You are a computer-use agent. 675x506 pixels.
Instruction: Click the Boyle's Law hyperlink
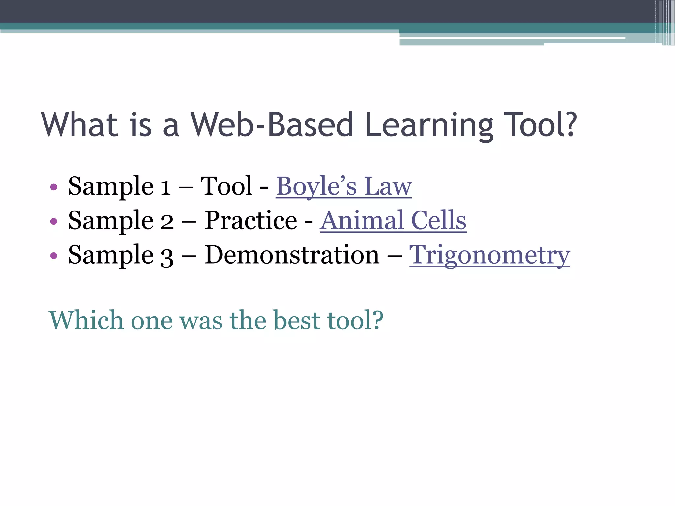click(343, 186)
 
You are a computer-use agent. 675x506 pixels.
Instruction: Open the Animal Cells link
click(393, 221)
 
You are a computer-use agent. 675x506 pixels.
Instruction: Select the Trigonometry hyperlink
click(489, 255)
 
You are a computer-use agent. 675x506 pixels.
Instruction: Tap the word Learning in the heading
click(429, 125)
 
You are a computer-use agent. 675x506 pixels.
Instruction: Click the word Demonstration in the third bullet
click(292, 255)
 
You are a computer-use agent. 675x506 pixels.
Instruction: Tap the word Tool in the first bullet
click(226, 186)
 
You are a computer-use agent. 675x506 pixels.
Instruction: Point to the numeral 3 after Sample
click(167, 257)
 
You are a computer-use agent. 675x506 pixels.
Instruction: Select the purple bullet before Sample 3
click(54, 256)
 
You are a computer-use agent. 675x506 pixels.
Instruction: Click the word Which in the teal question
click(86, 320)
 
